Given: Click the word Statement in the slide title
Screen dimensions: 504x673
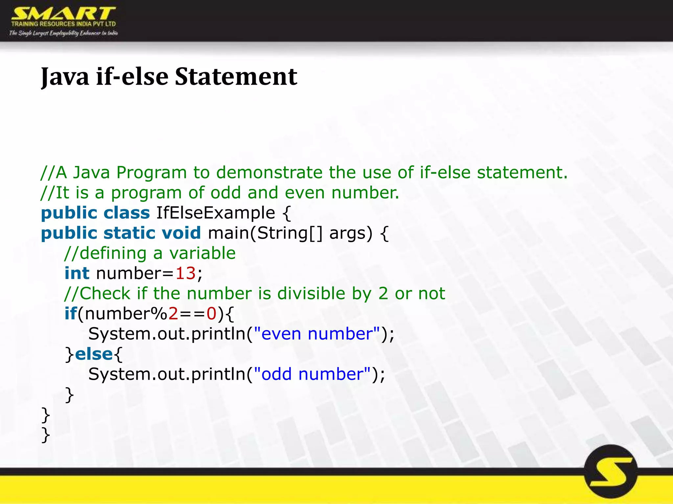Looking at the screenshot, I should (236, 77).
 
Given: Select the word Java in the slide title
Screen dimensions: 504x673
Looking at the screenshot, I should (65, 77).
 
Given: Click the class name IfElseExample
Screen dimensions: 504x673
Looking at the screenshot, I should (216, 213).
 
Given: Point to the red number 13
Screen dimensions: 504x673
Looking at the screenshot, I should (185, 273).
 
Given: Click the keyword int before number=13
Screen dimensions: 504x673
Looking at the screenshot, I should (77, 273).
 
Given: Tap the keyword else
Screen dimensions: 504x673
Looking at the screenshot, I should (94, 354).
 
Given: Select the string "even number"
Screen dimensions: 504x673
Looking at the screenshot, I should (317, 334).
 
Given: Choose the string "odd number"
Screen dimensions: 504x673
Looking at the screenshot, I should (313, 374).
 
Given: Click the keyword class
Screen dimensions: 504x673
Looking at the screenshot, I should (127, 213).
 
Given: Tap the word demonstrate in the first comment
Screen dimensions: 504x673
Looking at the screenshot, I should (269, 173).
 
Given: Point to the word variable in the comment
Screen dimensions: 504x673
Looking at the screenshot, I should (202, 253).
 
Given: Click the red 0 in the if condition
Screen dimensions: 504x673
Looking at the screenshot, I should (211, 314).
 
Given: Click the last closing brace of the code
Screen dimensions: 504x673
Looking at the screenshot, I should (46, 435).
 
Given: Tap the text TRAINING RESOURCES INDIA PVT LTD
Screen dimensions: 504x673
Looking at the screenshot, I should (63, 24).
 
